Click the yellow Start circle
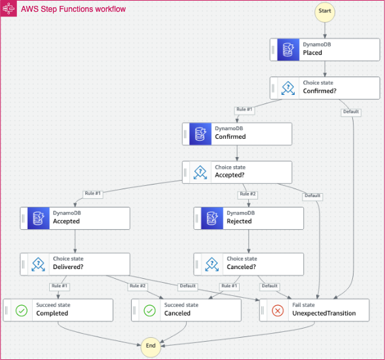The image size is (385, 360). click(324, 11)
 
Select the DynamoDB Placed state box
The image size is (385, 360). click(324, 49)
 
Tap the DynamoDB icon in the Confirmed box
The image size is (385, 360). click(200, 134)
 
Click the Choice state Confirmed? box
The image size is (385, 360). click(324, 88)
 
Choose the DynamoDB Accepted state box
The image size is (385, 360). click(75, 217)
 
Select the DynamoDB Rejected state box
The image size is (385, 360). click(248, 217)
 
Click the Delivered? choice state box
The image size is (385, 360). click(75, 264)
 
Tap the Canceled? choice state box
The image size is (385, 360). click(248, 264)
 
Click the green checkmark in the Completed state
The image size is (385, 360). click(22, 310)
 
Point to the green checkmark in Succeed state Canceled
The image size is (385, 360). click(149, 310)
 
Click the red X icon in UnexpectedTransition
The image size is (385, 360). click(278, 310)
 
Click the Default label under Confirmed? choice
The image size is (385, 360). click(351, 112)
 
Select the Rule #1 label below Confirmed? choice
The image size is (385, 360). click(244, 109)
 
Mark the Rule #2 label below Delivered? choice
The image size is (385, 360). click(138, 286)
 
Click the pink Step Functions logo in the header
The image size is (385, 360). click(9, 9)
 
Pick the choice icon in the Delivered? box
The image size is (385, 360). click(38, 264)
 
